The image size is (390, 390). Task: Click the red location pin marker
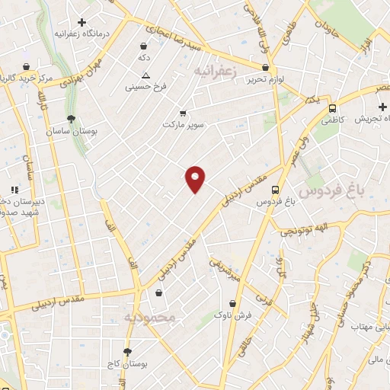click(196, 178)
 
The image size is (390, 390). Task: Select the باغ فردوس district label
click(330, 187)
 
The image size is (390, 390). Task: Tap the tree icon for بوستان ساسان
click(71, 118)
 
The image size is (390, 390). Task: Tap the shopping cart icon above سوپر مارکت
click(182, 111)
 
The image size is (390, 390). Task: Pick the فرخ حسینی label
click(145, 88)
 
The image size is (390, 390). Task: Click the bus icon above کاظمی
click(332, 107)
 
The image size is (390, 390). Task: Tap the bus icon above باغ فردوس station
click(276, 190)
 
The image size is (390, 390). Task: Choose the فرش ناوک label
click(230, 314)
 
